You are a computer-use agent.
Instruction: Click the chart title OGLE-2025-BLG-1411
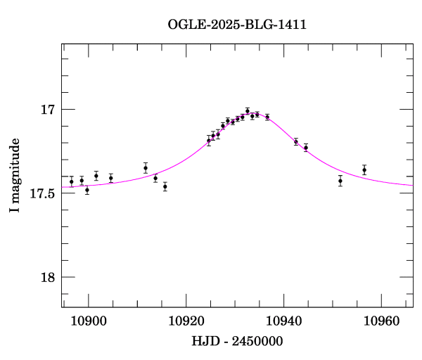click(x=237, y=25)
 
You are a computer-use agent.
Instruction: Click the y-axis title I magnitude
click(x=15, y=176)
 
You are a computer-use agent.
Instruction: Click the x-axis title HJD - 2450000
click(x=237, y=341)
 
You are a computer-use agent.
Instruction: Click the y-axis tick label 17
click(x=48, y=110)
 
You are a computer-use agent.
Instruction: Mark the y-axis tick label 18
click(x=48, y=277)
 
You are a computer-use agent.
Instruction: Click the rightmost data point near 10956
click(x=364, y=169)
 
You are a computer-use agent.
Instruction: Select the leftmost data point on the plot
click(x=71, y=181)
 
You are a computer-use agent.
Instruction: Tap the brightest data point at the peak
click(x=248, y=110)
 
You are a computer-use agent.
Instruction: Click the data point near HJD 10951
click(x=340, y=180)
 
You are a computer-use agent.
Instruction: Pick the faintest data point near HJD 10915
click(x=165, y=186)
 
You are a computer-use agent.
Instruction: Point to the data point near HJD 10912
click(x=146, y=168)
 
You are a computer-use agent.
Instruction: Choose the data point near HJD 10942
click(x=296, y=142)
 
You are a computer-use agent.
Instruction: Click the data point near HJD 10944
click(x=305, y=148)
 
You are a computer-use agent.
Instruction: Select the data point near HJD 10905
click(x=111, y=177)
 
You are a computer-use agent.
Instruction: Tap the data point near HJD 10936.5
click(x=267, y=117)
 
